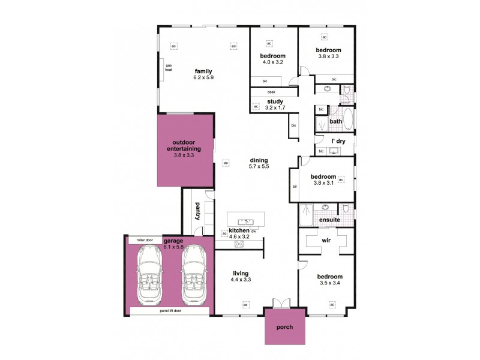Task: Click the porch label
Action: (285, 328)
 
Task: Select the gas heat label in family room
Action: (169, 67)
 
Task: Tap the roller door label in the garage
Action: (145, 240)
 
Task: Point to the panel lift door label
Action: (170, 311)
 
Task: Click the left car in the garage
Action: (149, 275)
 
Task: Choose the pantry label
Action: (197, 211)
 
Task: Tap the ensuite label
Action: (329, 220)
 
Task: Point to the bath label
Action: (335, 121)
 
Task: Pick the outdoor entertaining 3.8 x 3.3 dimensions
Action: (184, 155)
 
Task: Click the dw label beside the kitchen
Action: (254, 231)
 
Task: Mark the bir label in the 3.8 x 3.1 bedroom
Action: (295, 187)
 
